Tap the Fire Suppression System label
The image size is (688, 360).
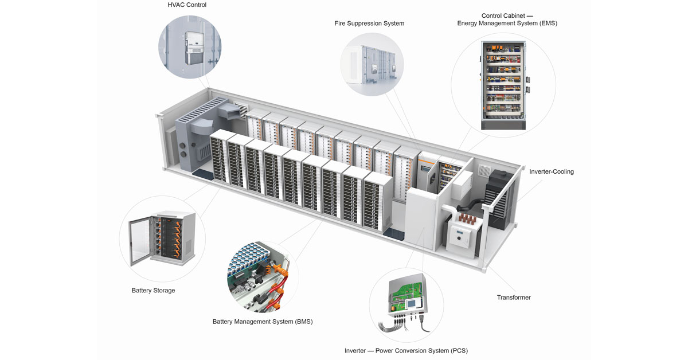point(369,24)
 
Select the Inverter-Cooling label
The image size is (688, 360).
point(551,171)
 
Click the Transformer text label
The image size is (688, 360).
point(513,298)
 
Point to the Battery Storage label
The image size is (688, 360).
point(153,291)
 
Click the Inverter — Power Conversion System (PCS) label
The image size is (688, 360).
point(406,350)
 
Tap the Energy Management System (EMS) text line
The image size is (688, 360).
point(507,24)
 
